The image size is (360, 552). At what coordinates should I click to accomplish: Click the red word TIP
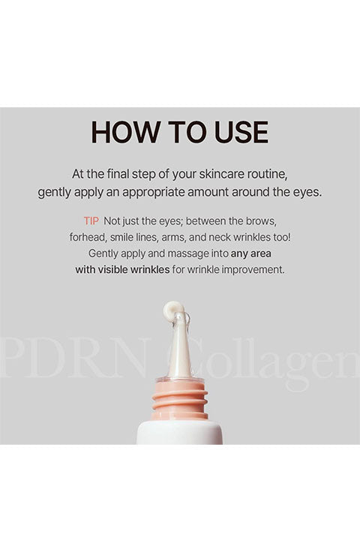[91, 221]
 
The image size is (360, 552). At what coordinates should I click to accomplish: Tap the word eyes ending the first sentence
[307, 193]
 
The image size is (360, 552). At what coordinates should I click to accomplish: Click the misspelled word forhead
[88, 237]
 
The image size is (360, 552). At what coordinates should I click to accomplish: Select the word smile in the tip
[121, 237]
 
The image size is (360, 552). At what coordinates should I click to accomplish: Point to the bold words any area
[251, 253]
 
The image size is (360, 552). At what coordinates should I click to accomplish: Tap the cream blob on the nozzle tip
[173, 309]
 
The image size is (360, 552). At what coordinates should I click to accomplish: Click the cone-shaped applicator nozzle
[179, 346]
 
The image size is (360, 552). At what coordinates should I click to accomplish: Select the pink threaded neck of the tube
[179, 400]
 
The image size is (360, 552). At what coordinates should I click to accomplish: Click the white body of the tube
[179, 432]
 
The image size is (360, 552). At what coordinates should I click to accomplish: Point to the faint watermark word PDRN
[74, 358]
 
